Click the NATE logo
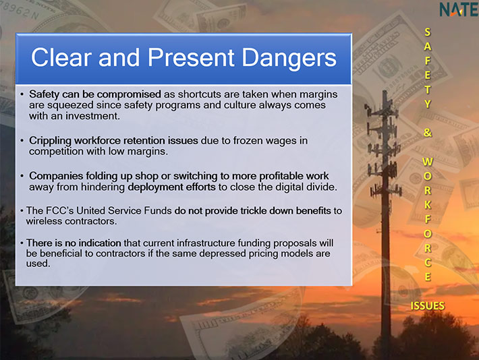pos(459,9)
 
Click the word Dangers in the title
pos(289,58)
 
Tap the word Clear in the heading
pos(61,57)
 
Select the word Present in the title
pos(191,57)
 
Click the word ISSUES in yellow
pos(427,305)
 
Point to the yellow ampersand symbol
pos(427,133)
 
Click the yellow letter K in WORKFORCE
pos(428,204)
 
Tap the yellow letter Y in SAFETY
pos(427,104)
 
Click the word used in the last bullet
pos(38,264)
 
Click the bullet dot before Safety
pos(22,94)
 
